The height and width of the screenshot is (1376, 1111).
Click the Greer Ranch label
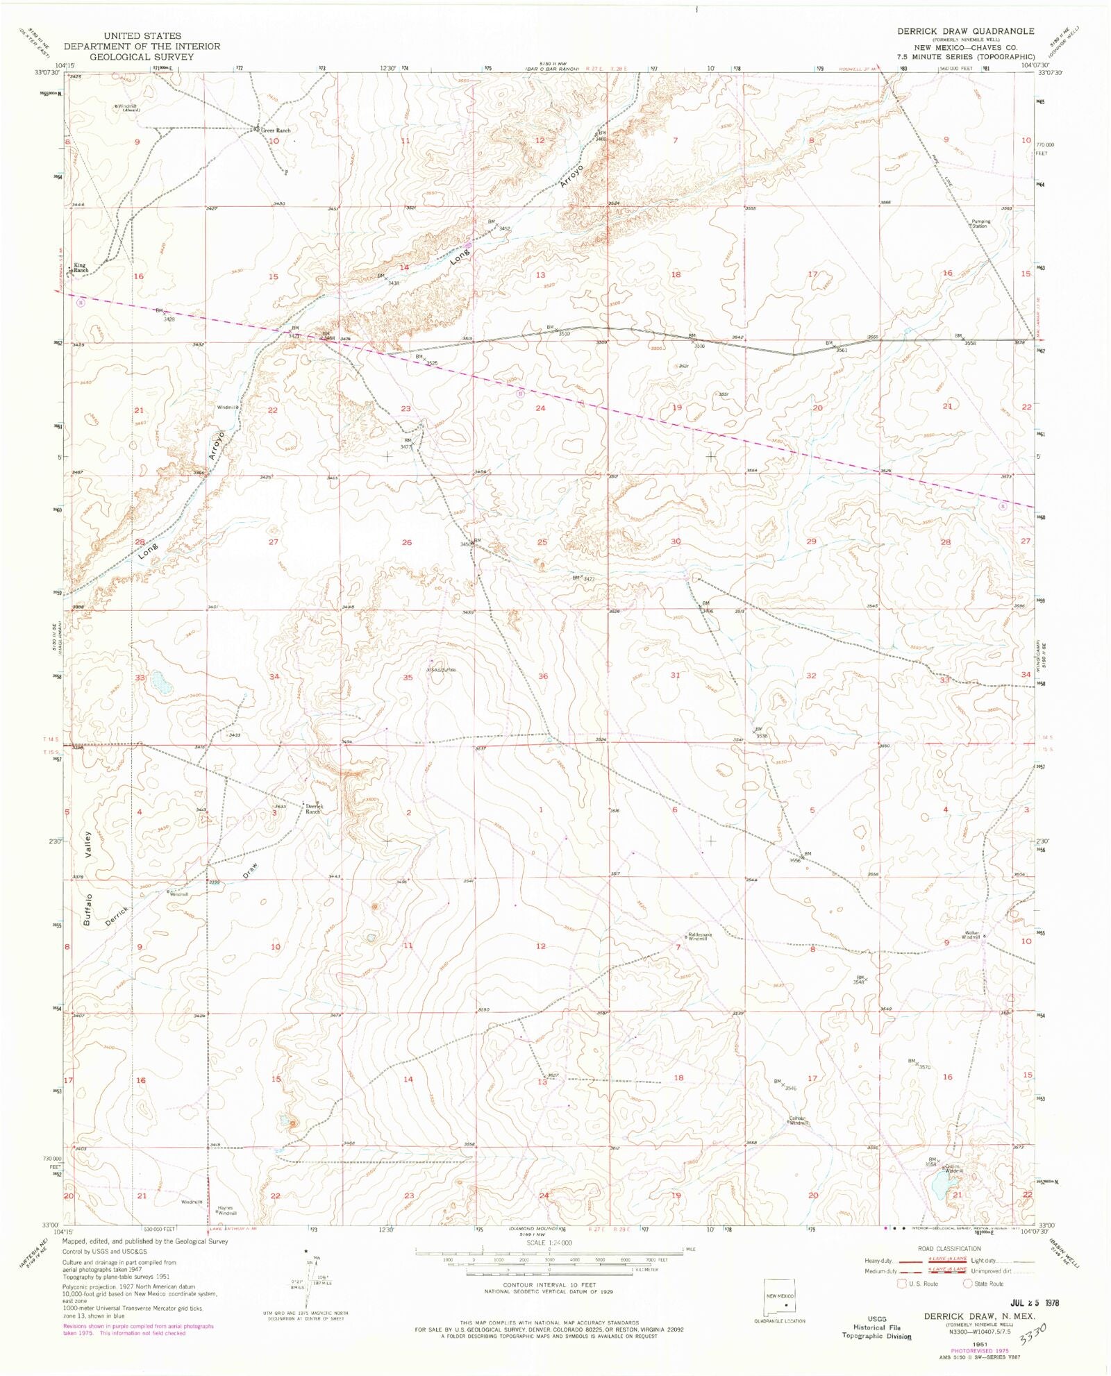click(276, 131)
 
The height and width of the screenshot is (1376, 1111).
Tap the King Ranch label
click(81, 267)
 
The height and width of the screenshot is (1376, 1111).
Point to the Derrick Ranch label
click(314, 809)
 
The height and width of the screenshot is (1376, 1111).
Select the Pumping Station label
click(980, 224)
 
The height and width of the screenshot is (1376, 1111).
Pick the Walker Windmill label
click(971, 934)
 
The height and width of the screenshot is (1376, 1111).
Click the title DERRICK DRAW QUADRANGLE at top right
click(965, 32)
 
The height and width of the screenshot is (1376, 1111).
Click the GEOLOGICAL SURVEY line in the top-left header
click(142, 57)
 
